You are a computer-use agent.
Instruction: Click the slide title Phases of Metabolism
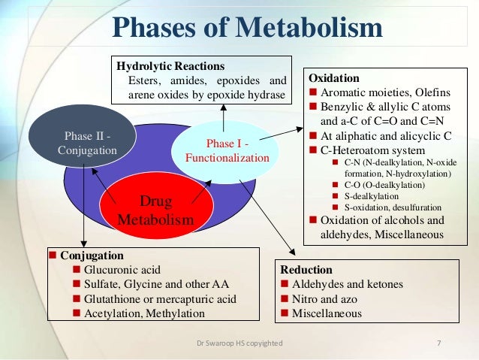click(247, 28)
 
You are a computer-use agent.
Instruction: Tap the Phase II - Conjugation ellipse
click(87, 143)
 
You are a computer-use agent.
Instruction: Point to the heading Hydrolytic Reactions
click(170, 66)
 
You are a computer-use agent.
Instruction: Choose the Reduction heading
click(306, 270)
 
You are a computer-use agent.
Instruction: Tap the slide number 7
click(438, 343)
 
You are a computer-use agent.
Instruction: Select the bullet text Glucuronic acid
click(122, 270)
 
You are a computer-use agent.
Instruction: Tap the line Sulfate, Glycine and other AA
click(157, 284)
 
